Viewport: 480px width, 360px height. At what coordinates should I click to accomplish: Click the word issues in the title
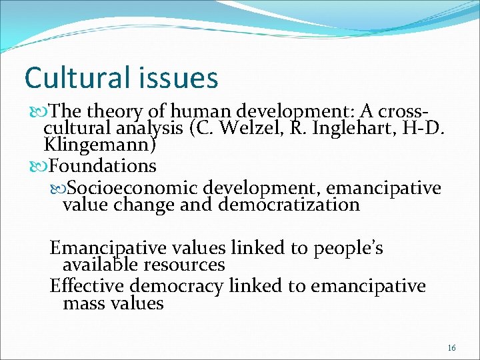point(180,77)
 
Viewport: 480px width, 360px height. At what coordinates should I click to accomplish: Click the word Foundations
point(103,165)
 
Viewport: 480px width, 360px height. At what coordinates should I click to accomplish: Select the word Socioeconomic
point(133,187)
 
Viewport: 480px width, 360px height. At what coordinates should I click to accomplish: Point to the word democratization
point(288,204)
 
